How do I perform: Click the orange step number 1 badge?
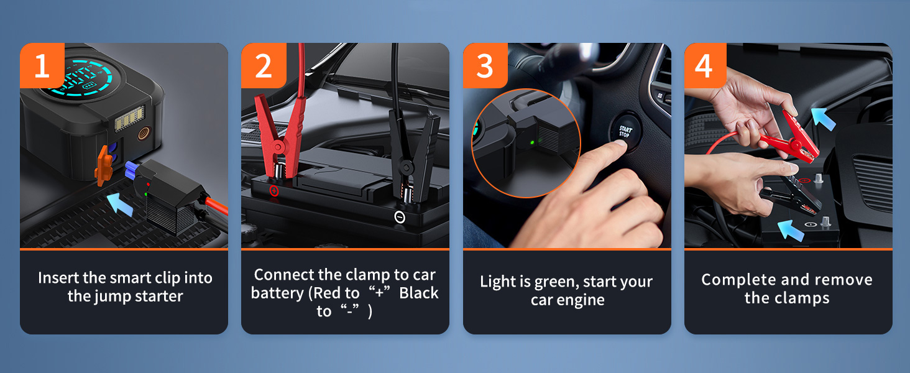42,65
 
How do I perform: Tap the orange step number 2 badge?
264,65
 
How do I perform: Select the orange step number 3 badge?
485,65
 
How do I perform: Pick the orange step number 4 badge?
705,65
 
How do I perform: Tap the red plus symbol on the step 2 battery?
274,191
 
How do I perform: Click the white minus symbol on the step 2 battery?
400,218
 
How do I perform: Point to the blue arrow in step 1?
120,203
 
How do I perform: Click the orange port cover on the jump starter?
103,165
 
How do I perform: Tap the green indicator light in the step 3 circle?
532,142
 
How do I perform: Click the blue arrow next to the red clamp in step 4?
824,119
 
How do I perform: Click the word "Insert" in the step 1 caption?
58,278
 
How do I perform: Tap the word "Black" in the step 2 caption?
419,293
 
